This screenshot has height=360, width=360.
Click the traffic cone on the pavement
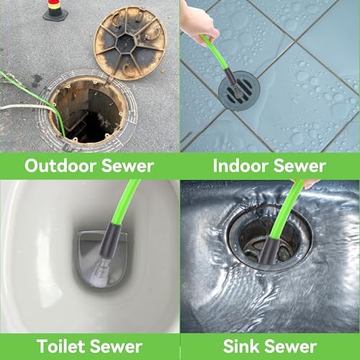point(55,9)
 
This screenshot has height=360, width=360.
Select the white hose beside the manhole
point(27,107)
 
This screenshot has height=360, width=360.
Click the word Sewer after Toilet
point(117,346)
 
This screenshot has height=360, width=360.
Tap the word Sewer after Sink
point(291,346)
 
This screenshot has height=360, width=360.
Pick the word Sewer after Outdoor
point(127,166)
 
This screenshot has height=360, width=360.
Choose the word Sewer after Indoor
point(300,166)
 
